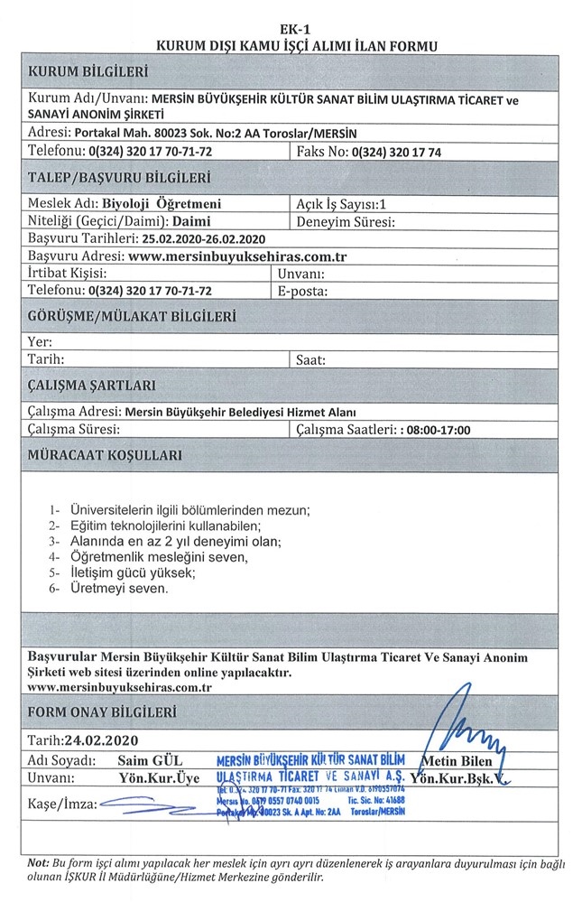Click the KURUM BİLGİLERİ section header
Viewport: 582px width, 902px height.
88,71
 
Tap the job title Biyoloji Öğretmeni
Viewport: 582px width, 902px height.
162,204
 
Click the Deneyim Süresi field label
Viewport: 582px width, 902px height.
347,221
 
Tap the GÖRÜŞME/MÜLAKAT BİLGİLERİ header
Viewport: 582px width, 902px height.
132,317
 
